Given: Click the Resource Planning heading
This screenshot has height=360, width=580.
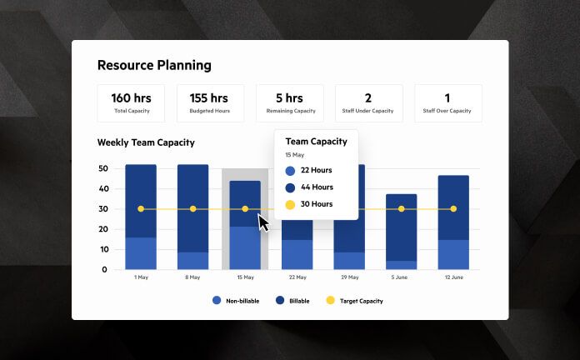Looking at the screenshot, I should (x=154, y=65).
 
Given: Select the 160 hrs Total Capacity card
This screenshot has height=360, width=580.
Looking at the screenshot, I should (x=131, y=103).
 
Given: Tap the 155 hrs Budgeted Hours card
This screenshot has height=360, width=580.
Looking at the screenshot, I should (x=210, y=103).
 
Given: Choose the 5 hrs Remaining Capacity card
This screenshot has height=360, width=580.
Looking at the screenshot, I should (x=289, y=103).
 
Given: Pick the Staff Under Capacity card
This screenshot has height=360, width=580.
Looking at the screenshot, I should (x=368, y=103).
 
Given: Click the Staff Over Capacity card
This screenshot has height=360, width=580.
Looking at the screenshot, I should (x=447, y=103).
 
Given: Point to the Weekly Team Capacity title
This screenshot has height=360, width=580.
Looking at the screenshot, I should (x=146, y=142).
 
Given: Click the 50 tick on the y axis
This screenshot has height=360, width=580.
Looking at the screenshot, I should (x=102, y=168).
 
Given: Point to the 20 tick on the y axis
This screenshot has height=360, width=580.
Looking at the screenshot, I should (x=102, y=229).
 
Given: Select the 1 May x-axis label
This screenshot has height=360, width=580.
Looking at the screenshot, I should (x=141, y=277).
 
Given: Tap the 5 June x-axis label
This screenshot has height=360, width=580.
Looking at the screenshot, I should (x=401, y=277).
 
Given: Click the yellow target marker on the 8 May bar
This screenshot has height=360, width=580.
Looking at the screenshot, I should (x=192, y=208).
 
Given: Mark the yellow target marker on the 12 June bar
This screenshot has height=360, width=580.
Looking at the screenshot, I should (x=453, y=208).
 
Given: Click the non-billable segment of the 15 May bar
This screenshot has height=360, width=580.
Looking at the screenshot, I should (x=244, y=247).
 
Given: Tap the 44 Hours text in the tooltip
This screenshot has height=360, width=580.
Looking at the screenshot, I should (x=317, y=187).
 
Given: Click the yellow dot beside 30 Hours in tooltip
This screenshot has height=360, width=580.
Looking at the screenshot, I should (x=290, y=204).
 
